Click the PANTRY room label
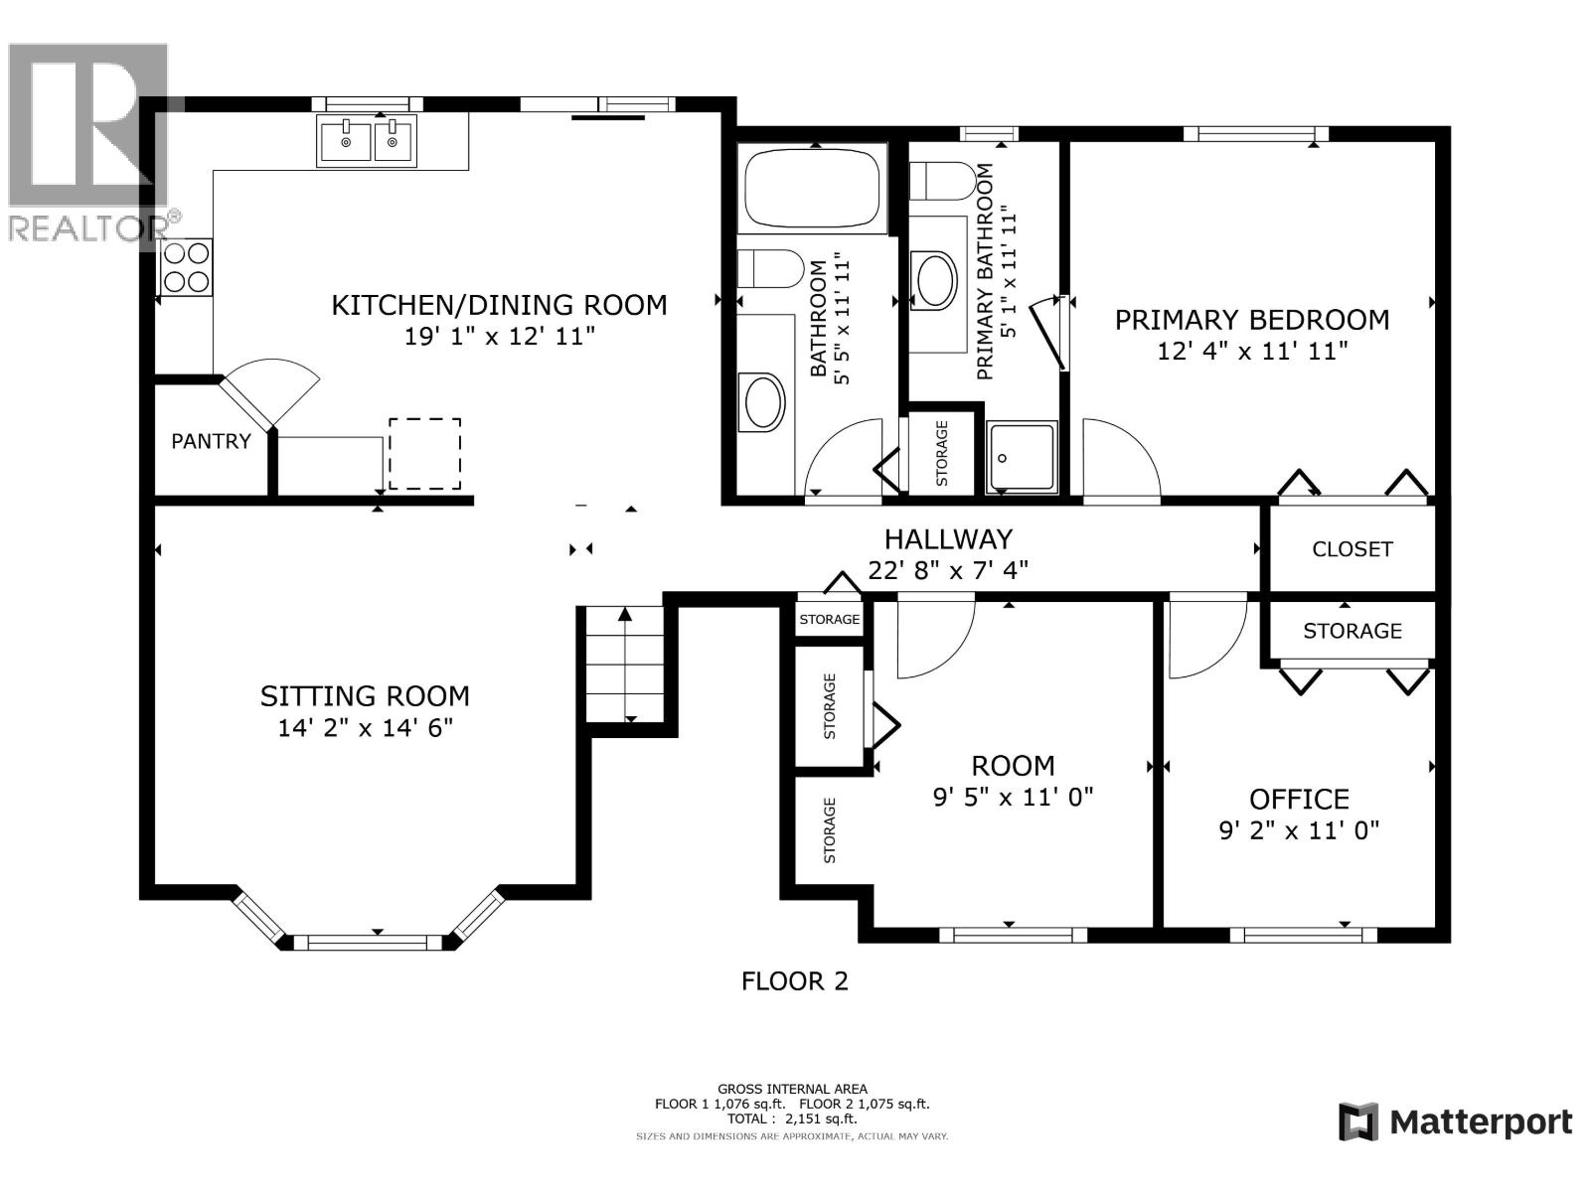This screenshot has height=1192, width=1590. (x=211, y=441)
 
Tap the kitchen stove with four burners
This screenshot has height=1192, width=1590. (x=186, y=268)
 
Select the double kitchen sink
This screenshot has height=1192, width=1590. (x=367, y=141)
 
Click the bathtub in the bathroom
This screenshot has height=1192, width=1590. (x=813, y=189)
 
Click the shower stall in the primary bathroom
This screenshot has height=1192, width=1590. (x=1022, y=457)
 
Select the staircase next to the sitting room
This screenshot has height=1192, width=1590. (x=624, y=664)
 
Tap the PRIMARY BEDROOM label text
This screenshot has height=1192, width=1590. (x=1251, y=320)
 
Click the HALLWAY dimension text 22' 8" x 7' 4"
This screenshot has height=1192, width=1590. (x=947, y=570)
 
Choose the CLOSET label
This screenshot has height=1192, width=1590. (x=1351, y=549)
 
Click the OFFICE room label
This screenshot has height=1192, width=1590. (x=1299, y=799)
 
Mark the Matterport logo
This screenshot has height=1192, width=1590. (x=1455, y=1122)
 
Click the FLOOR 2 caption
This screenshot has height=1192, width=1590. (x=794, y=981)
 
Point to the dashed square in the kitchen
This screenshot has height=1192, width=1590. (x=424, y=454)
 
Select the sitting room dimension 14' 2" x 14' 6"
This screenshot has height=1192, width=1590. (x=365, y=728)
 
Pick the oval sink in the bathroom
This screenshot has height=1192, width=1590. (x=763, y=402)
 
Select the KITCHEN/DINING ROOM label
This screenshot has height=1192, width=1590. (x=499, y=305)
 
